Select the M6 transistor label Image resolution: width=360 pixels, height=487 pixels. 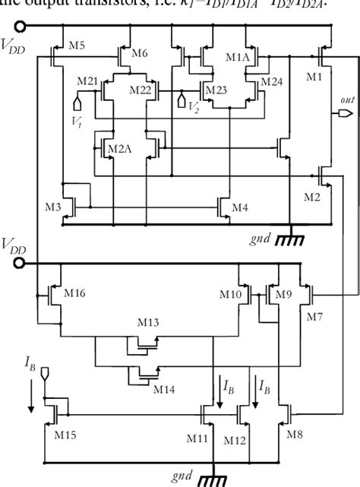coord(139,52)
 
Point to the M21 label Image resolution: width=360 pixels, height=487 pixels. coord(89,81)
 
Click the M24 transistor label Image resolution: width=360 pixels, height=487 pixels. coord(272,81)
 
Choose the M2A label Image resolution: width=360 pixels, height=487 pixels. coord(115,147)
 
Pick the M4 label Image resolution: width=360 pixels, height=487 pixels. coord(239,207)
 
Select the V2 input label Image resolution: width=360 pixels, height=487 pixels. coord(194,107)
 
